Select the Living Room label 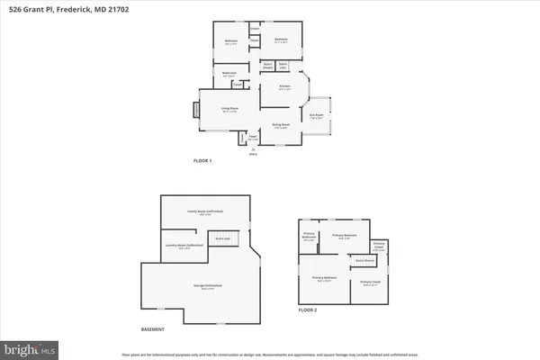click(x=229, y=110)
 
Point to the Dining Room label click(x=281, y=124)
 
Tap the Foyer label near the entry click(x=253, y=139)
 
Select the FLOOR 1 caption click(x=202, y=160)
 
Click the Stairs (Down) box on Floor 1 click(x=268, y=65)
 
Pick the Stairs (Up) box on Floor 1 click(x=282, y=65)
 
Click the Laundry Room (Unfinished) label click(x=184, y=246)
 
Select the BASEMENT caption click(x=153, y=329)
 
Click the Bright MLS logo click(x=29, y=347)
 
